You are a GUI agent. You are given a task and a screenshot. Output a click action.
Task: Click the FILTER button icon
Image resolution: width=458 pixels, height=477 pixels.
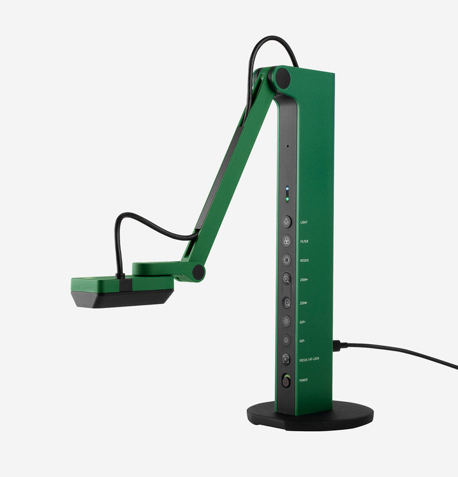287,241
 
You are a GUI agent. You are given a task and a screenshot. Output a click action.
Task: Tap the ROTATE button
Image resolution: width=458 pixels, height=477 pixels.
287,259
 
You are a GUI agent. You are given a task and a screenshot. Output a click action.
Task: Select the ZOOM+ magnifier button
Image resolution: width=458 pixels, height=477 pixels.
287,279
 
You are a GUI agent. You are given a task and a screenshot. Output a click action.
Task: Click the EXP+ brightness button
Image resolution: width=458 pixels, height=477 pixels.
287,321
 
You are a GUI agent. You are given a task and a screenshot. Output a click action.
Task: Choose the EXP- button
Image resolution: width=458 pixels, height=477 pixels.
287,340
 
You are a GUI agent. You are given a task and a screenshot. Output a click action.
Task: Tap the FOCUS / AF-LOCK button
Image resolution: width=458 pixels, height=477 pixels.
287,359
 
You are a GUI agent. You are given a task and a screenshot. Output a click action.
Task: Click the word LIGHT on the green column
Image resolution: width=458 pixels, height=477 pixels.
305,223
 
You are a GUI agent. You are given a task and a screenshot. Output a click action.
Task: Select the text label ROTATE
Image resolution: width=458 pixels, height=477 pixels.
305,260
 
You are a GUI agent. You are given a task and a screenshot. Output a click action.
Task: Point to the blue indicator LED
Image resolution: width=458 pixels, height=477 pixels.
287,189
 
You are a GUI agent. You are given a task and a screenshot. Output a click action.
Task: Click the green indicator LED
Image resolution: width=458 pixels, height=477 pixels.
287,198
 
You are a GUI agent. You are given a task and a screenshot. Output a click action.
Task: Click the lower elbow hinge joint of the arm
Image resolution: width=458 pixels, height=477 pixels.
198,272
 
